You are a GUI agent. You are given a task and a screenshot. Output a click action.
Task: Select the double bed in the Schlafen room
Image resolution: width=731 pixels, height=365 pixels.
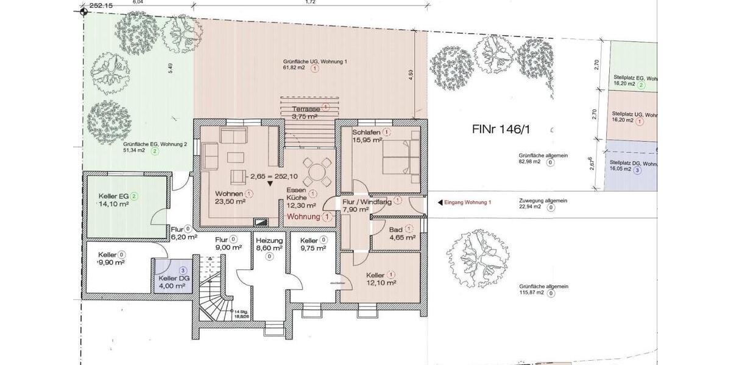pos(400,157)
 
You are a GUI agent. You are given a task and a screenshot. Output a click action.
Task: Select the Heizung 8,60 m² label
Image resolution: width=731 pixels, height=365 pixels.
pos(269,244)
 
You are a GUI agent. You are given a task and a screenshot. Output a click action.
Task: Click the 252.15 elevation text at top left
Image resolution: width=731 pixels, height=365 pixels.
pos(101,5)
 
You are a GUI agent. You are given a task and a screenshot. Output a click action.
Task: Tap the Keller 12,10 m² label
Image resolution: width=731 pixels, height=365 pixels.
pos(381,278)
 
